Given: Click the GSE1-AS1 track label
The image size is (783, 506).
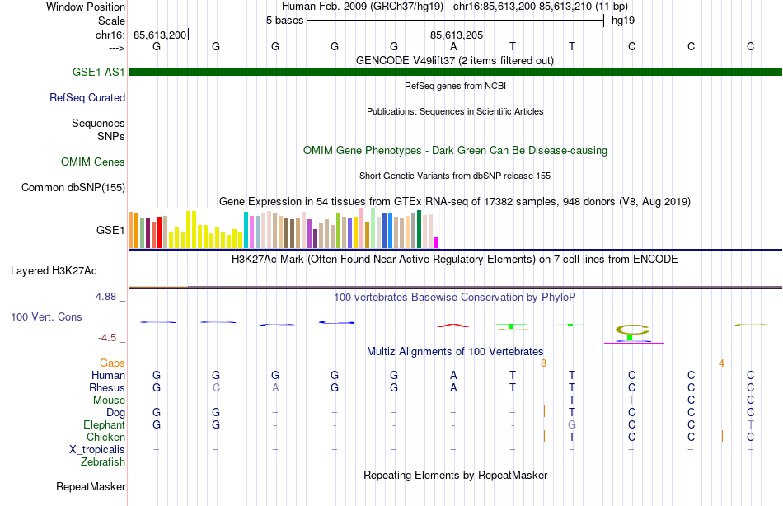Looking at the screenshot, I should [x=98, y=72].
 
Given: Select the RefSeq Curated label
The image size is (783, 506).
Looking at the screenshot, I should [x=87, y=97].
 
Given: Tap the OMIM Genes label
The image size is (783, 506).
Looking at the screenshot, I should [x=92, y=162].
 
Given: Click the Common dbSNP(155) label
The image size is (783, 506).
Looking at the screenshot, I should [x=73, y=188].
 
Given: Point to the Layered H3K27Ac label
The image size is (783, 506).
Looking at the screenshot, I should [x=54, y=270].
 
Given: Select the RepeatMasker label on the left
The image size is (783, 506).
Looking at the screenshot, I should [x=90, y=487].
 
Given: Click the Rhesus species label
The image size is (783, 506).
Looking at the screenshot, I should [x=107, y=388].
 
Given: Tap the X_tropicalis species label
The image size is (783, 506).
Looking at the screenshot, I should [x=97, y=450].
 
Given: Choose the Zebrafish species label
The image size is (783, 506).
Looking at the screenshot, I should [x=103, y=462].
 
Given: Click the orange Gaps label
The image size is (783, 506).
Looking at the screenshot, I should [x=112, y=363].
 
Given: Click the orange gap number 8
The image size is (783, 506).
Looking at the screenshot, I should [x=543, y=363].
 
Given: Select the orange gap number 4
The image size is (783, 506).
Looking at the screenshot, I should [x=721, y=363].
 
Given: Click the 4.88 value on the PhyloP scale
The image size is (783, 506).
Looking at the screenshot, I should [x=111, y=297].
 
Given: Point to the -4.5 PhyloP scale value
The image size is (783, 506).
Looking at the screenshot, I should [x=111, y=337].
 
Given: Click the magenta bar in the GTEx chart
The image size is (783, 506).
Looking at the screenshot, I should [x=437, y=241].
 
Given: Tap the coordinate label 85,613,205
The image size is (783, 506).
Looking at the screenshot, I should [x=456, y=35].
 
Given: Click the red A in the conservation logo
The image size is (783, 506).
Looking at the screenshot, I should [x=453, y=325].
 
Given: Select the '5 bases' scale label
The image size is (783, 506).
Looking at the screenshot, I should [x=284, y=20].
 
